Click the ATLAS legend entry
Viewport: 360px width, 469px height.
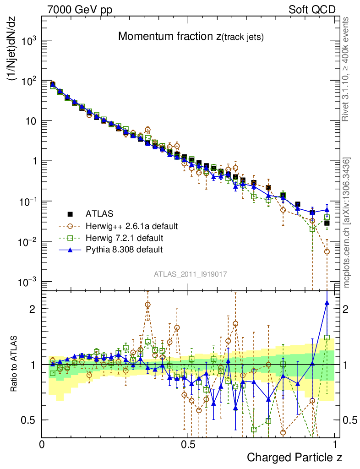pos(99,213)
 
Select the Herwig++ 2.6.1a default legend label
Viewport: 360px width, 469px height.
pos(131,226)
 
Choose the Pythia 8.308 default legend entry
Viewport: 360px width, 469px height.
pos(124,250)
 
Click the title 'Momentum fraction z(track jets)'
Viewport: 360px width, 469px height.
pos(191,37)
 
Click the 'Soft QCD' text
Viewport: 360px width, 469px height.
pos(312,10)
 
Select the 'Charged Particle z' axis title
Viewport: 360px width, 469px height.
pos(295,457)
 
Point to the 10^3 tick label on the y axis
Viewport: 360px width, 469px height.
pos(28,41)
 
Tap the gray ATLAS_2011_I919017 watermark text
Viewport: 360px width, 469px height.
pos(191,274)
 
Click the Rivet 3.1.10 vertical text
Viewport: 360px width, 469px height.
pos(346,69)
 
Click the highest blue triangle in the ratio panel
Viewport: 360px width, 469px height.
pos(327,303)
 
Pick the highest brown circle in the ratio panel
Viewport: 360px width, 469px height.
pos(147,305)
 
